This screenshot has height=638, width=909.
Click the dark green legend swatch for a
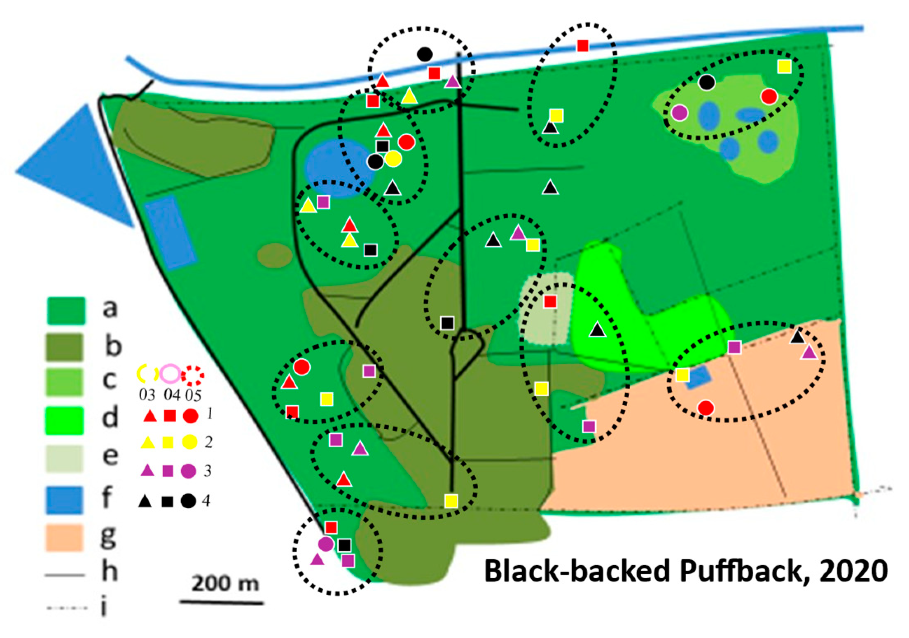point(66,311)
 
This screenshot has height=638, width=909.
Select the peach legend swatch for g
point(64,537)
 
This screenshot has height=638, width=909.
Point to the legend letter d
point(110,418)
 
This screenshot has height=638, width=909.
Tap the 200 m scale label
point(225,583)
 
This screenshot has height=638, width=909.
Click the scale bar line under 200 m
point(222,603)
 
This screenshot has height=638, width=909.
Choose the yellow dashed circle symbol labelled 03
point(147,374)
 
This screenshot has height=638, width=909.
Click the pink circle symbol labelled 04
point(170,374)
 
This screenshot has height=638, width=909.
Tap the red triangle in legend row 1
point(150,416)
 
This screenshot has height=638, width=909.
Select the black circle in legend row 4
point(188,501)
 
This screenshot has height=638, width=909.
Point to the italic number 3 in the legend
point(208,471)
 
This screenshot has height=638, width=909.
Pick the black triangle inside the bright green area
point(597,330)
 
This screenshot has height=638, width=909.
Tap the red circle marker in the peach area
point(706,408)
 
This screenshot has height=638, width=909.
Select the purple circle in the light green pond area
point(680,112)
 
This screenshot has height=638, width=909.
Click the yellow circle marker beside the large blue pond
point(393,159)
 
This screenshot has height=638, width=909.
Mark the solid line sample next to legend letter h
point(65,575)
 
